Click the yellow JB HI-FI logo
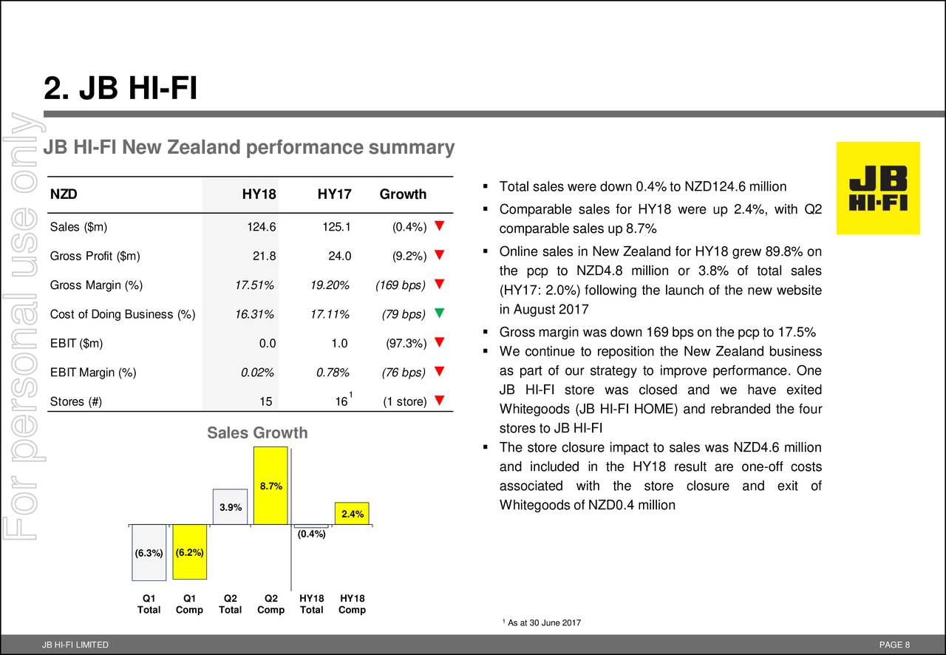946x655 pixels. pyautogui.click(x=878, y=188)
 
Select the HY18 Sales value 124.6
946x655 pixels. pyautogui.click(x=262, y=227)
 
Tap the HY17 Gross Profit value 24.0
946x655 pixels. pyautogui.click(x=339, y=257)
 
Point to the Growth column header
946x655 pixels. pyautogui.click(x=403, y=194)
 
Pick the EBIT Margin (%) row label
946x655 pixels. pyautogui.click(x=93, y=373)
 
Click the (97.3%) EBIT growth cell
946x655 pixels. pyautogui.click(x=406, y=343)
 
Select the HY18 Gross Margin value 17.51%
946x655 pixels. pyautogui.click(x=254, y=285)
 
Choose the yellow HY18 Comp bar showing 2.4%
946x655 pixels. pyautogui.click(x=352, y=514)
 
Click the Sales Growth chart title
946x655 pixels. pyautogui.click(x=257, y=433)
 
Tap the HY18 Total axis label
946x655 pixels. pyautogui.click(x=311, y=604)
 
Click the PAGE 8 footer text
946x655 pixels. pyautogui.click(x=895, y=645)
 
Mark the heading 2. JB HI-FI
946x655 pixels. pyautogui.click(x=120, y=91)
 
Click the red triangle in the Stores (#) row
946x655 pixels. pyautogui.click(x=440, y=401)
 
